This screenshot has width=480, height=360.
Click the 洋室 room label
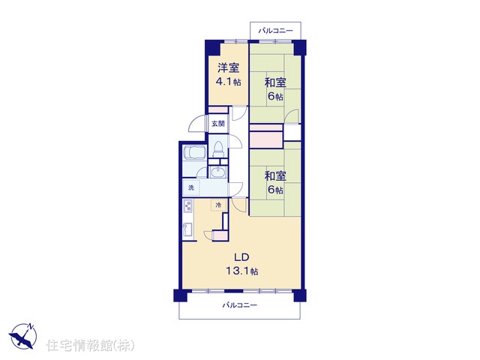(228, 67)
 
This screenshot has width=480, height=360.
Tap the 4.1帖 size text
(228, 82)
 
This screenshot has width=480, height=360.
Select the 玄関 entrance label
(218, 123)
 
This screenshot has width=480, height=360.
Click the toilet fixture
(218, 149)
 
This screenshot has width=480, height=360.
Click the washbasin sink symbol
(218, 172)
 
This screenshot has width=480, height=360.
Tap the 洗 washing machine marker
(191, 187)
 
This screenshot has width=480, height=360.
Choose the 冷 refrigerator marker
(218, 205)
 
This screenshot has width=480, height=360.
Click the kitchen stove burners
(187, 206)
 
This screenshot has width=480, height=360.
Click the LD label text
(241, 257)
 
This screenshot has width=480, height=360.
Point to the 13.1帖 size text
(241, 271)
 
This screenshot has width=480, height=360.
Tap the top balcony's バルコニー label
(275, 31)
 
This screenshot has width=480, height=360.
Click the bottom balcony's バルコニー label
(240, 305)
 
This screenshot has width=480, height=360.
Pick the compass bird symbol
(22, 337)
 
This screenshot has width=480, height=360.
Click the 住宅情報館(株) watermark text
(90, 345)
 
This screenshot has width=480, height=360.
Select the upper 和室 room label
(275, 82)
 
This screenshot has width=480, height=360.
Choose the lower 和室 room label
(275, 176)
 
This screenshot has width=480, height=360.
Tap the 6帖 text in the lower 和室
(275, 190)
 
